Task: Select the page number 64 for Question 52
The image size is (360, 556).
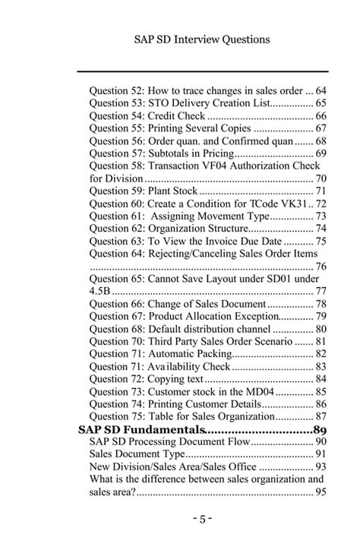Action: (x=321, y=90)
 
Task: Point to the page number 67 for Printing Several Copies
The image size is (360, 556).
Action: (x=321, y=128)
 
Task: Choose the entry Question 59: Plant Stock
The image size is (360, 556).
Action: (x=144, y=191)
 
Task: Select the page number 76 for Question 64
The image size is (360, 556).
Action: (x=321, y=266)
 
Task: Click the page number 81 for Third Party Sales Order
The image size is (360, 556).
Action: (x=321, y=341)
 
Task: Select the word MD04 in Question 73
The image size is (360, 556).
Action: (x=260, y=391)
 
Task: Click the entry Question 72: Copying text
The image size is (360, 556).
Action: (x=147, y=379)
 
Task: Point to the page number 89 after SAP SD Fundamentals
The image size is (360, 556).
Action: (x=319, y=429)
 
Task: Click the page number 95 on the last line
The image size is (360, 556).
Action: (x=321, y=492)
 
